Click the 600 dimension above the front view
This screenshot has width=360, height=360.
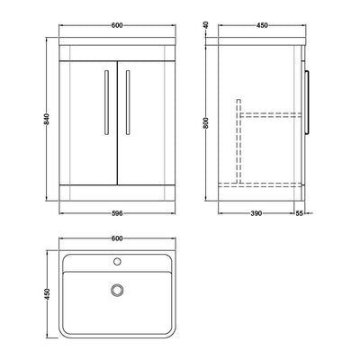(117, 25)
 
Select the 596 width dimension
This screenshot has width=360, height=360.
(117, 213)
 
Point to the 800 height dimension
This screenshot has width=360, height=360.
(206, 123)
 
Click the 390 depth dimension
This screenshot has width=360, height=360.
(256, 213)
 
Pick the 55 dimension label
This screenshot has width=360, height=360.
(300, 213)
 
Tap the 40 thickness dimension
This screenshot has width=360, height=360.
(206, 25)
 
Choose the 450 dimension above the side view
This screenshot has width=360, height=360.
(262, 25)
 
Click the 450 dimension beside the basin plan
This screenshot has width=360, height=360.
(47, 294)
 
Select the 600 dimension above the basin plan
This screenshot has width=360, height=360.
(117, 238)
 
